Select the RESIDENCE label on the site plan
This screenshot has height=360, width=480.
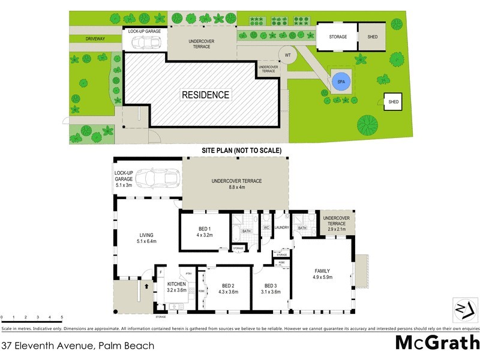206,95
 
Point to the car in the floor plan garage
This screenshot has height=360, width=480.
158,178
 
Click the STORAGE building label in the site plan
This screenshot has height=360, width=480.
338,37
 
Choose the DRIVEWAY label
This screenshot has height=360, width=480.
95,39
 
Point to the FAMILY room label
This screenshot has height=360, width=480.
322,271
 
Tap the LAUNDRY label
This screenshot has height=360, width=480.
282,228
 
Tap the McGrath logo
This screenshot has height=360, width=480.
437,343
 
